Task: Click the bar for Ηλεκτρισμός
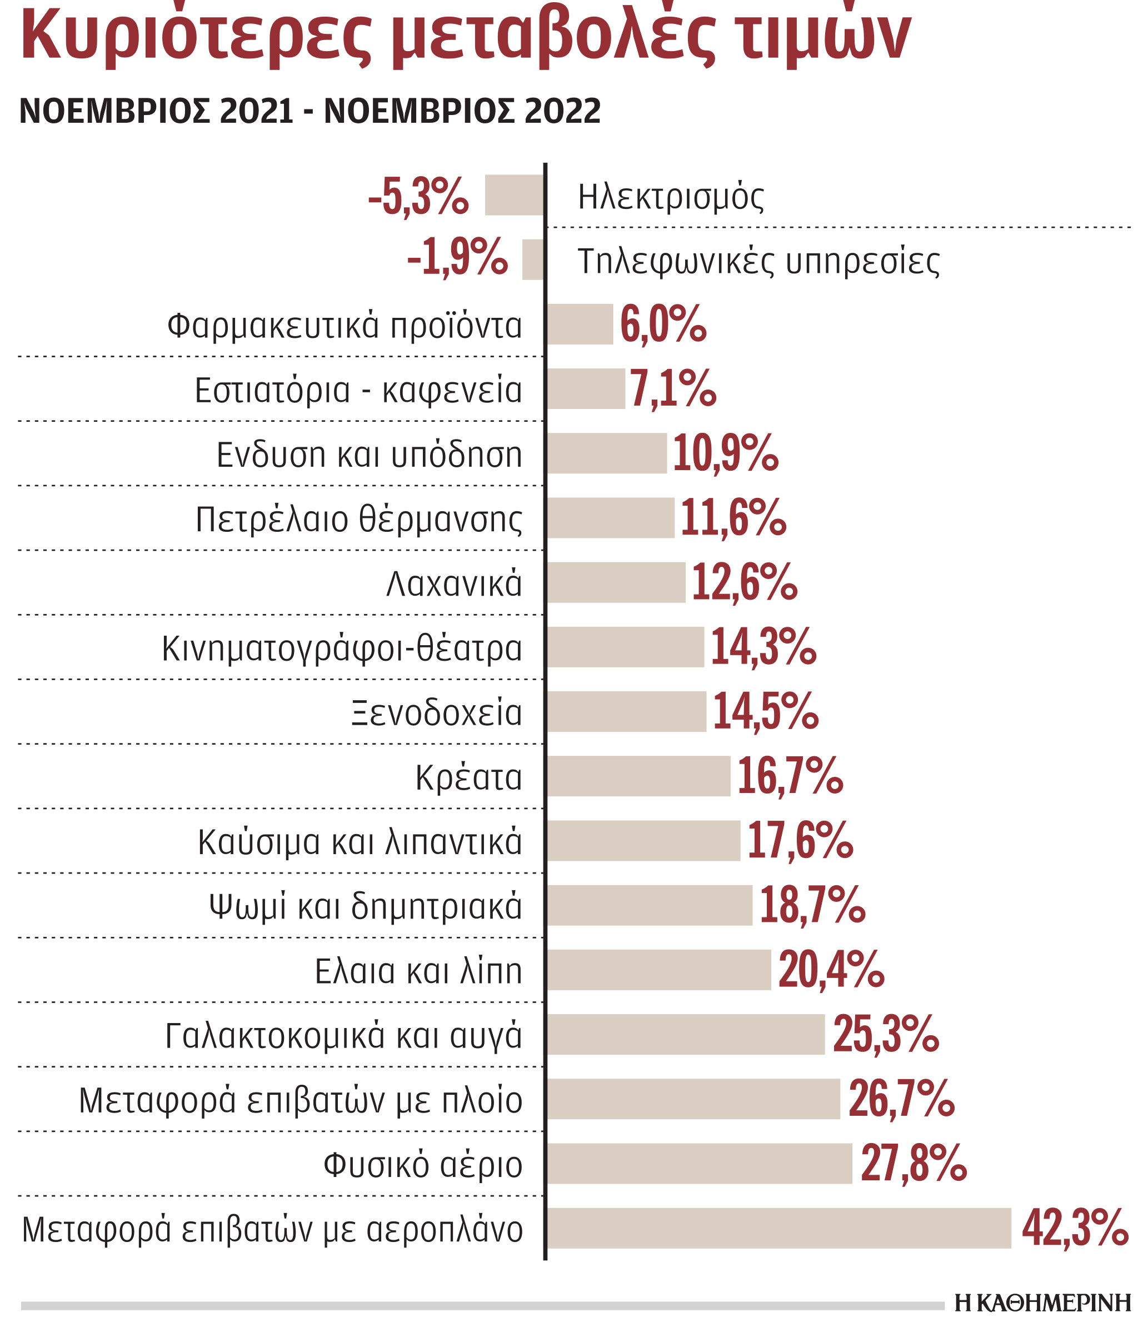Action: [x=514, y=194]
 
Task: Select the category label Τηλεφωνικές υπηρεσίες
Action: [x=758, y=261]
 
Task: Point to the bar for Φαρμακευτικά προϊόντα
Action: [x=580, y=324]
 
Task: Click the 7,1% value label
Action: [x=672, y=389]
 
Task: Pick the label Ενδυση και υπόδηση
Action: [x=370, y=455]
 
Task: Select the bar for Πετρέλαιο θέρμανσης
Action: [x=610, y=517]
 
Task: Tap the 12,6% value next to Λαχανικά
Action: [x=744, y=583]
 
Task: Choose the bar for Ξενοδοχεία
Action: [x=626, y=711]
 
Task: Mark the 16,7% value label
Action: [x=790, y=776]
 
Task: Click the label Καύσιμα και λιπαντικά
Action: [x=360, y=841]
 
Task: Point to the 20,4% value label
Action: [x=831, y=970]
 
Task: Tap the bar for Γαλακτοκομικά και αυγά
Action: [x=685, y=1034]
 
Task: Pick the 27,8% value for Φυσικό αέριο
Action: [x=912, y=1164]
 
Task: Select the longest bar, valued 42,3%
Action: [x=778, y=1228]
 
